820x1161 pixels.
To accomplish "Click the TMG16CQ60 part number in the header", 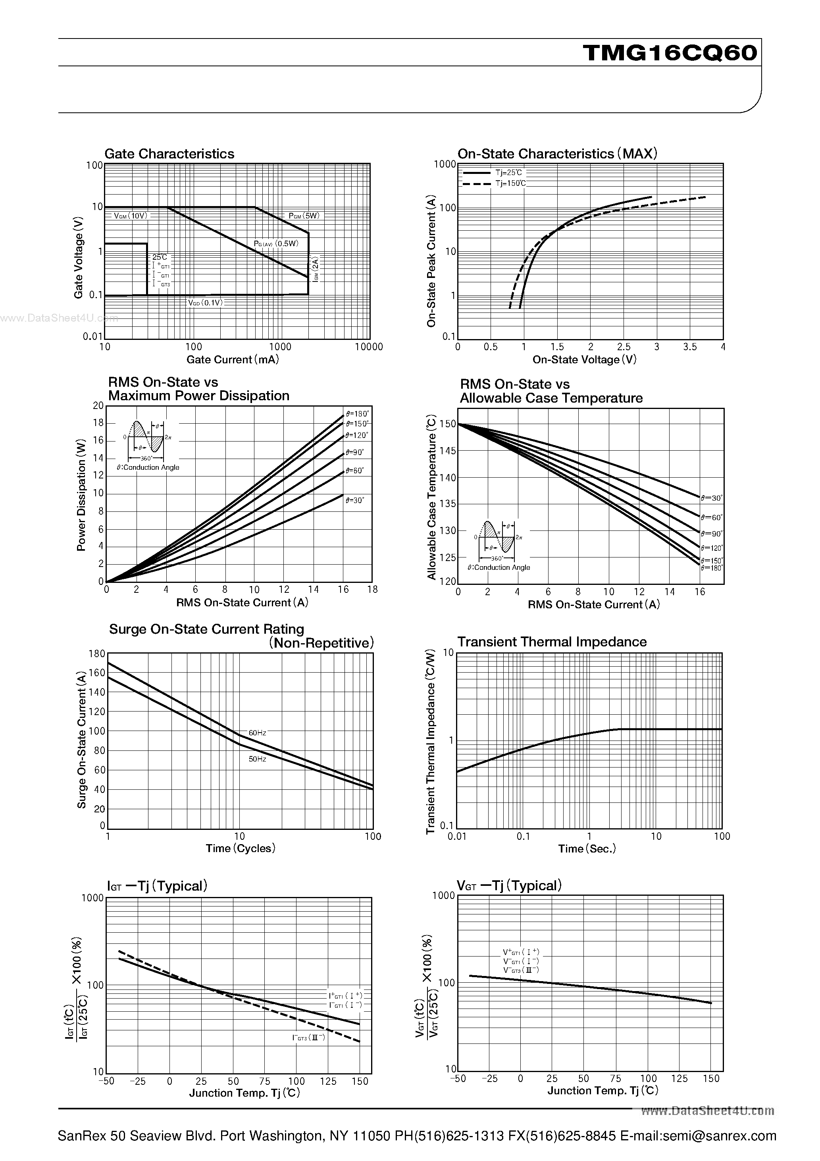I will pyautogui.click(x=670, y=52).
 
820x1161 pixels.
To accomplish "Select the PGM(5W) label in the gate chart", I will pyautogui.click(x=304, y=216).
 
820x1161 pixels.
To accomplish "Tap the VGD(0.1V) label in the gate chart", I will pyautogui.click(x=205, y=303).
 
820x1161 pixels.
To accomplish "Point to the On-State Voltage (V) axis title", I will pyautogui.click(x=584, y=359).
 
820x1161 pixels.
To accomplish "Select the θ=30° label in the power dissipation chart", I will pyautogui.click(x=355, y=500).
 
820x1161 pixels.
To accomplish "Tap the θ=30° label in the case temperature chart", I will pyautogui.click(x=712, y=498).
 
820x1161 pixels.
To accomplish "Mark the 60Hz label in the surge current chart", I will pyautogui.click(x=257, y=733).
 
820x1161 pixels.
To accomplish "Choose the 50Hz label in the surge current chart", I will pyautogui.click(x=257, y=759).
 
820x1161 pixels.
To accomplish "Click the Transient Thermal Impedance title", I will pyautogui.click(x=552, y=642).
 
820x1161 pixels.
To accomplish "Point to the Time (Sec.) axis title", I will pyautogui.click(x=587, y=849).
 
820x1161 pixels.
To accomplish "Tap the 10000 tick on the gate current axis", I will pyautogui.click(x=369, y=347).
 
